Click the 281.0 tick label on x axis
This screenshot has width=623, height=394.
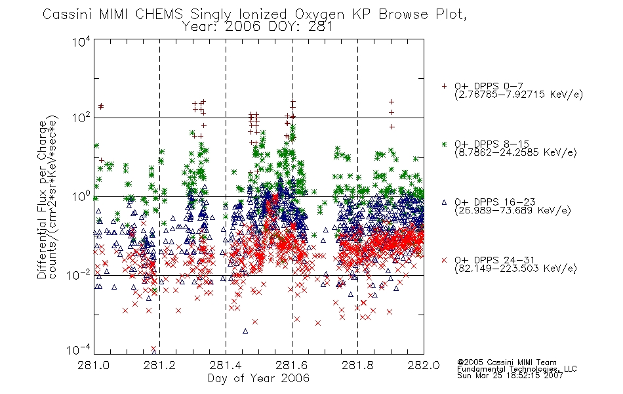pos(94,365)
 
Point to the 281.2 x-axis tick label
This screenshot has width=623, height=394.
pos(160,365)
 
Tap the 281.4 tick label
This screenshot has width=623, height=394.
pos(226,365)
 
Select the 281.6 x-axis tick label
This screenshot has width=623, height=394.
pos(292,365)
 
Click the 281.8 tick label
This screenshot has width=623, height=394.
pos(357,365)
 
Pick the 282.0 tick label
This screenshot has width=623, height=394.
pos(424,365)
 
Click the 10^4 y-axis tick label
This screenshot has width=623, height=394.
pos(81,42)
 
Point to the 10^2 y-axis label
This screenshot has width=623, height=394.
pos(81,118)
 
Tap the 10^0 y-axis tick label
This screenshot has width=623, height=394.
pos(81,196)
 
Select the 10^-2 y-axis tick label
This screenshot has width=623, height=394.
pos(79,274)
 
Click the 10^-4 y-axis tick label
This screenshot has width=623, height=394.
pos(79,349)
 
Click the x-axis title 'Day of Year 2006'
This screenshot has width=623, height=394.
pos(258,378)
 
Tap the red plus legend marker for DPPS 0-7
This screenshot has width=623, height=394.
pos(444,86)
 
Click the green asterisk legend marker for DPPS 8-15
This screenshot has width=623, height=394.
pos(444,144)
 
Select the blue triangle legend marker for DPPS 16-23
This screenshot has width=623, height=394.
pos(444,202)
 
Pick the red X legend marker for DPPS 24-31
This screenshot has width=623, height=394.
pos(444,260)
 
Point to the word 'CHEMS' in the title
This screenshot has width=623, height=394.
pos(159,14)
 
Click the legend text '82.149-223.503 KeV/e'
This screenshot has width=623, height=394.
pos(515,269)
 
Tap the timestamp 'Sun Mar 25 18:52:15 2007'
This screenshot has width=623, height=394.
pos(510,375)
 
